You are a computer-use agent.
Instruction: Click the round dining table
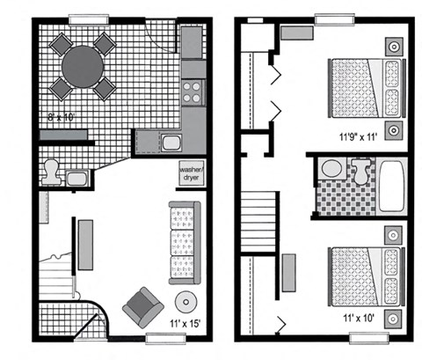tap(83, 67)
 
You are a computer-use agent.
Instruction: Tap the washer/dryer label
tap(191, 173)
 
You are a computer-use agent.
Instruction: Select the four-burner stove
tap(193, 92)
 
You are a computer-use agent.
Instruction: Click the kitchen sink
tap(171, 143)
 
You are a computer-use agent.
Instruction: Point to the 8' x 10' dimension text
tap(62, 118)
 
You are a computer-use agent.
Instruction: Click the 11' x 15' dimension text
tap(186, 323)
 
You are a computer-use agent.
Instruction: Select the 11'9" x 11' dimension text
tap(358, 137)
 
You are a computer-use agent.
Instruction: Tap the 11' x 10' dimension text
tap(360, 318)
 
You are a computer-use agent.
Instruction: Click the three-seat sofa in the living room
tap(185, 243)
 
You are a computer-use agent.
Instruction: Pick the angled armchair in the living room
tap(143, 307)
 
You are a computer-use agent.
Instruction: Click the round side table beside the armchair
tap(186, 302)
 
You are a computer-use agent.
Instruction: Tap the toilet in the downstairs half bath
tap(51, 172)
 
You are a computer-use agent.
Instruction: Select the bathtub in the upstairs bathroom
tap(391, 186)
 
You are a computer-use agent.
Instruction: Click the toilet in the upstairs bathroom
tap(361, 172)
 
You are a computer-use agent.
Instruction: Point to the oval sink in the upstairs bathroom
tap(331, 168)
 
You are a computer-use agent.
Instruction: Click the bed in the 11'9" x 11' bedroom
tap(367, 88)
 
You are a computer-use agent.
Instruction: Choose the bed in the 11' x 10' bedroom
tap(367, 277)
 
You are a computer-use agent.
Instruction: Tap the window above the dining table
tap(89, 19)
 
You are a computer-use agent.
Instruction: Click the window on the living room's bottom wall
tap(166, 339)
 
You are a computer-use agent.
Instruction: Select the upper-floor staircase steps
tap(258, 222)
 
